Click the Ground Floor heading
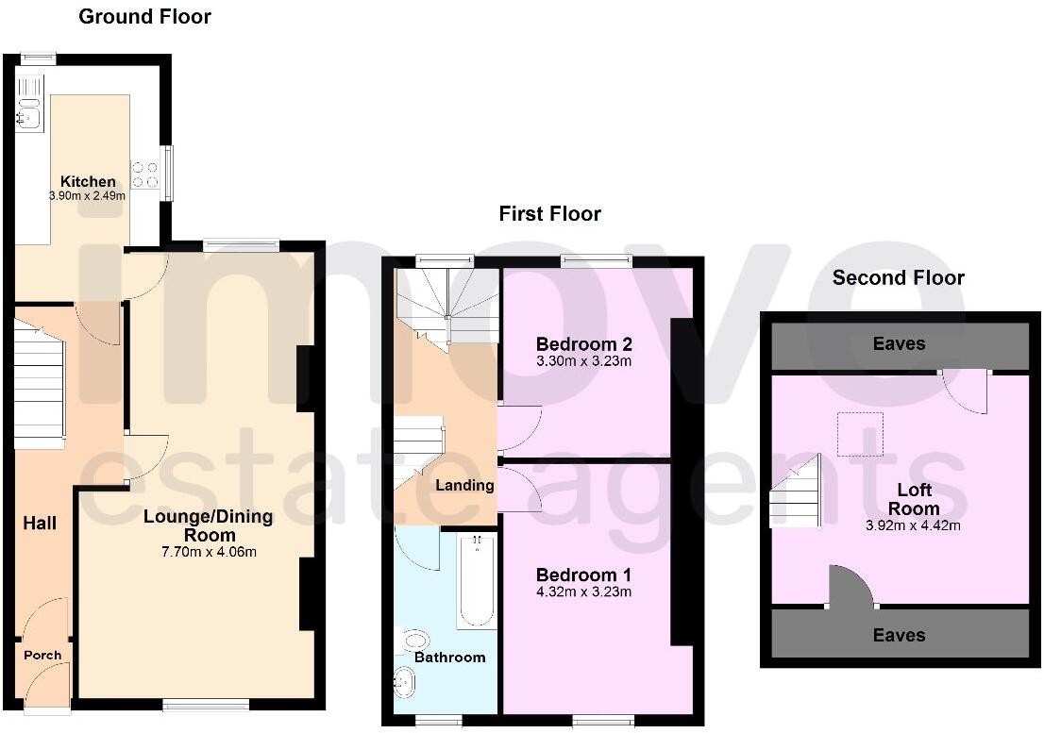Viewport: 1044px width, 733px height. [144, 17]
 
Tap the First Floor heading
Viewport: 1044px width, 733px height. [549, 214]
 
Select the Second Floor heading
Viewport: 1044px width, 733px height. [898, 277]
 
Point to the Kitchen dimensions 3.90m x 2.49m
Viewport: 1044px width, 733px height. [88, 195]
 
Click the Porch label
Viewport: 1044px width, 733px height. [42, 655]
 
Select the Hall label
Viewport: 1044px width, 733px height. [40, 523]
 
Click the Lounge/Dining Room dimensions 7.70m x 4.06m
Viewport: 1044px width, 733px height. [208, 552]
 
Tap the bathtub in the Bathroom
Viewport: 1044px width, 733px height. [477, 580]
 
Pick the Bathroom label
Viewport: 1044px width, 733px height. [449, 657]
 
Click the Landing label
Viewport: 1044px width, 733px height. [463, 486]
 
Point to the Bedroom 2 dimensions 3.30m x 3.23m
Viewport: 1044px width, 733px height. [583, 360]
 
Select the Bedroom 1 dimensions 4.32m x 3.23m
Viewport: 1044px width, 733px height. [583, 592]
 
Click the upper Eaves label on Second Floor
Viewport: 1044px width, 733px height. [899, 344]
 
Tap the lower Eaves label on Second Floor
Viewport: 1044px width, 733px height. [899, 635]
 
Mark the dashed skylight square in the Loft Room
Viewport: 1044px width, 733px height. [860, 434]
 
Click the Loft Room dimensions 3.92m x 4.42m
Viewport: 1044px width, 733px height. [914, 525]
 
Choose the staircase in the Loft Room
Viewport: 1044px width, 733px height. [795, 495]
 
